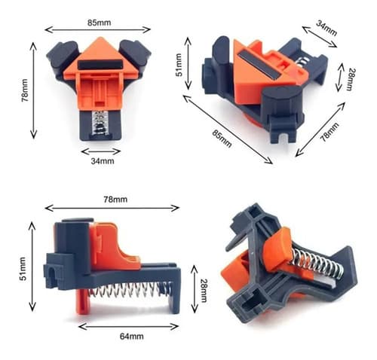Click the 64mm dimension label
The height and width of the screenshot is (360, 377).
pyautogui.click(x=132, y=336)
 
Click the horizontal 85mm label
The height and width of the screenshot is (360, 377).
pyautogui.click(x=100, y=23)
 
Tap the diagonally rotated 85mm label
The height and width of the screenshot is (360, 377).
pyautogui.click(x=222, y=139)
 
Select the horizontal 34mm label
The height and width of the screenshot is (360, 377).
pyautogui.click(x=103, y=161)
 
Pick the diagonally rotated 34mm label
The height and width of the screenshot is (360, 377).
pyautogui.click(x=326, y=28)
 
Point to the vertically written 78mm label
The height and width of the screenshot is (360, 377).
pyautogui.click(x=25, y=90)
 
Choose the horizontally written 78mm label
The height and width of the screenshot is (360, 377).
pyautogui.click(x=115, y=200)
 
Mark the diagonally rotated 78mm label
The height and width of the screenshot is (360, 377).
pyautogui.click(x=329, y=133)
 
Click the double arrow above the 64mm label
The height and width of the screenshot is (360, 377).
pyautogui.click(x=128, y=327)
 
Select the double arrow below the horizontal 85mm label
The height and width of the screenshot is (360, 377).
pyautogui.click(x=97, y=29)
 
